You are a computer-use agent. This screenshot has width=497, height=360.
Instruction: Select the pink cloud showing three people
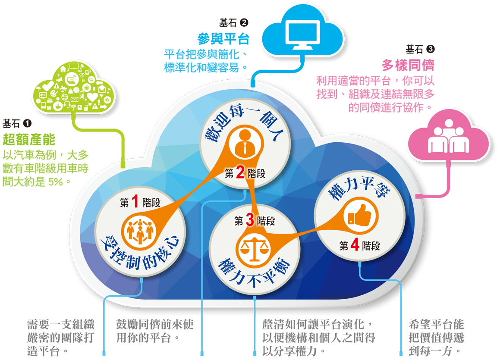coord(449,138)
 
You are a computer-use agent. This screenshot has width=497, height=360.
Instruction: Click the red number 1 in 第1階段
coord(135,202)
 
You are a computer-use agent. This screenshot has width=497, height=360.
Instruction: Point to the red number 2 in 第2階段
coord(240,174)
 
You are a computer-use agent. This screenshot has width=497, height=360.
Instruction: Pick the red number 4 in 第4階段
coord(355,246)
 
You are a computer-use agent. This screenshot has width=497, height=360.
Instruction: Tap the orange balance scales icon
coord(253,249)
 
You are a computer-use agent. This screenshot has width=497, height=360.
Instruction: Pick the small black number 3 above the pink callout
coord(430,49)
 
